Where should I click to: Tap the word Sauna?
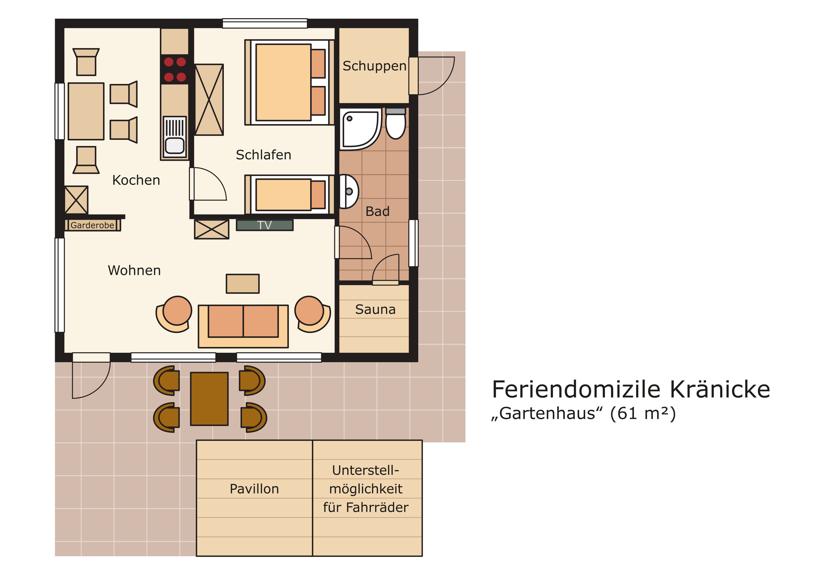[375, 309]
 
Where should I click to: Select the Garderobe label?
[92, 225]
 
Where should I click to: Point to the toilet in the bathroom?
[396, 123]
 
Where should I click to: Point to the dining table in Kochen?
[86, 111]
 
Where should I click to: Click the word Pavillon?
[254, 489]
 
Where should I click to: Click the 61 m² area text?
[643, 414]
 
